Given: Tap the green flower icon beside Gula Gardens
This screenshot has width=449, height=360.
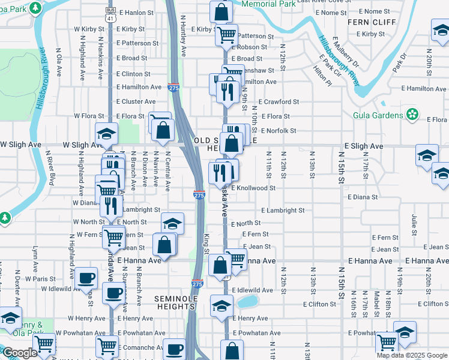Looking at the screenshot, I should click(412, 114).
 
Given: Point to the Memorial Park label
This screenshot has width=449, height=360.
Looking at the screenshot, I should click(268, 4).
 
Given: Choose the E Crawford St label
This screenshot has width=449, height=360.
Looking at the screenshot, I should click(279, 102).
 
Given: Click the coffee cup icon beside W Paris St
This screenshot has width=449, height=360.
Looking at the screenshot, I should click(86, 277).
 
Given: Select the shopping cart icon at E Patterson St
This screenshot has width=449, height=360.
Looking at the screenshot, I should click(227, 35).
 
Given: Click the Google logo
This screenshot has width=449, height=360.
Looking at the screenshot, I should click(20, 353).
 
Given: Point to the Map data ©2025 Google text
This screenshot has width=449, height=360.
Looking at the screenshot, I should click(411, 355).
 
